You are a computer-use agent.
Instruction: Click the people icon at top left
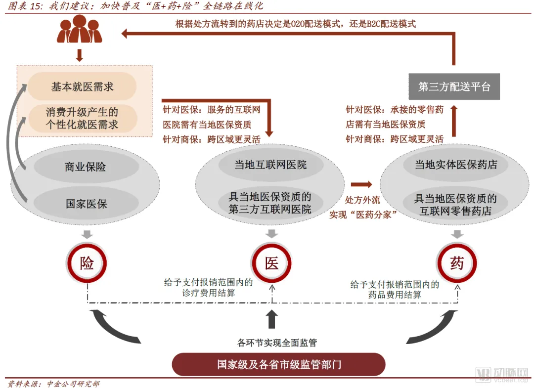(x=80, y=29)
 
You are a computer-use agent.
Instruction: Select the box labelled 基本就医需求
(x=82, y=86)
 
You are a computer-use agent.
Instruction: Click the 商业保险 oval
(x=86, y=167)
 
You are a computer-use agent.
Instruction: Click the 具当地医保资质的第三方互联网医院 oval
(x=270, y=203)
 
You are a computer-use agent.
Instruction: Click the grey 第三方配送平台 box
(x=454, y=87)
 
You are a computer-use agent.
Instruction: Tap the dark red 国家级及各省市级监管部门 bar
(x=278, y=365)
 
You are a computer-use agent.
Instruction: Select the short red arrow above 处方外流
(x=361, y=184)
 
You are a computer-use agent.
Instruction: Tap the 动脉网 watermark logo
(x=502, y=374)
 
